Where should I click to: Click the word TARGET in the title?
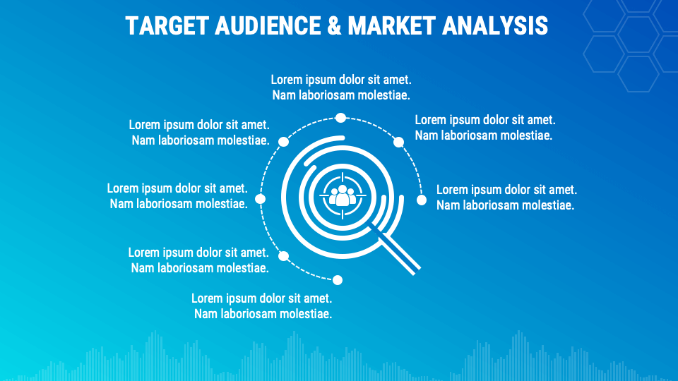pyautogui.click(x=167, y=25)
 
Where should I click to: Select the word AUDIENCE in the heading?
pyautogui.click(x=268, y=25)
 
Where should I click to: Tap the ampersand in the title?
pyautogui.click(x=334, y=25)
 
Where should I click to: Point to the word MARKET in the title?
pyautogui.click(x=391, y=25)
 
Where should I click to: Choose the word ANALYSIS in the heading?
pyautogui.click(x=494, y=25)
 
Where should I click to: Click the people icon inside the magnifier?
pyautogui.click(x=343, y=195)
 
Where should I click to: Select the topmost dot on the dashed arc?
pyautogui.click(x=340, y=118)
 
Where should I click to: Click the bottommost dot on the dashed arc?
pyautogui.click(x=338, y=280)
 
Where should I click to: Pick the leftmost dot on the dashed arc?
pyautogui.click(x=261, y=199)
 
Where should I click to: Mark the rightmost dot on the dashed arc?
pyautogui.click(x=422, y=200)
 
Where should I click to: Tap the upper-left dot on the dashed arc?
pyautogui.click(x=284, y=142)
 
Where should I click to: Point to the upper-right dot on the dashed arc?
pyautogui.click(x=398, y=142)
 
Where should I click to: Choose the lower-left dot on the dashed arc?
pyautogui.click(x=284, y=256)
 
